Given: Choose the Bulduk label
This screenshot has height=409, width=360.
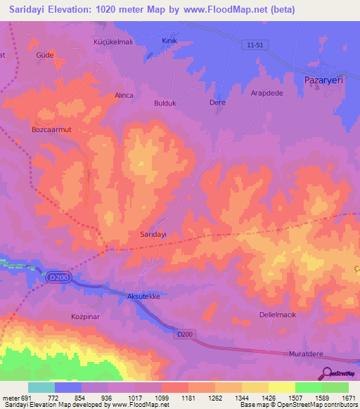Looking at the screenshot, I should coord(167,103).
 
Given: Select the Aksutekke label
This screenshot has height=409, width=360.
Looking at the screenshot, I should coord(146,297).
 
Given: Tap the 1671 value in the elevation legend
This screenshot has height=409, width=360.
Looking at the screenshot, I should coord(349,398).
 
